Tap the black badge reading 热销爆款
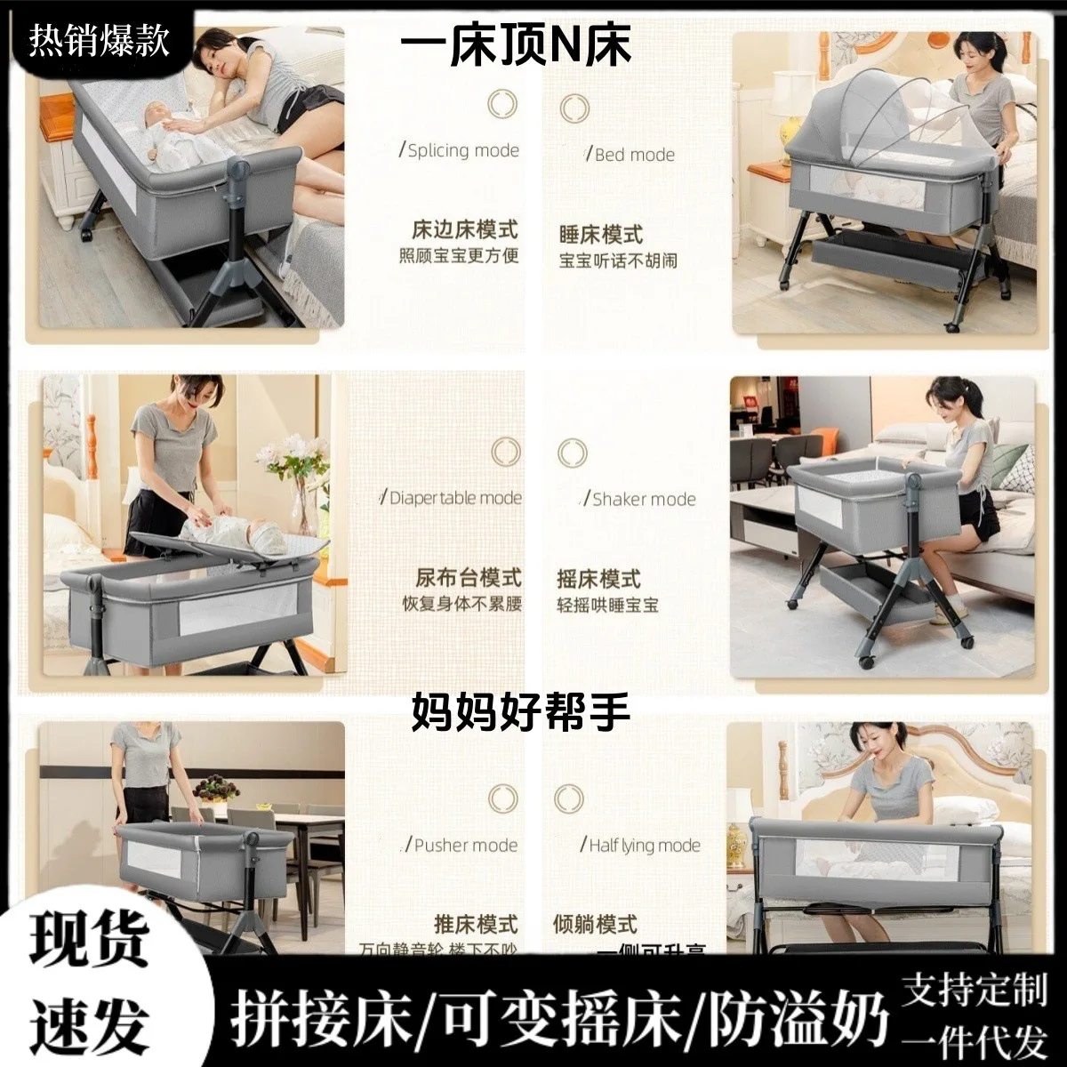click(98, 41)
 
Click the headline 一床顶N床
click(515, 44)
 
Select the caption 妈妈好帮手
click(521, 710)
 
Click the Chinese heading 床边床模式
click(464, 229)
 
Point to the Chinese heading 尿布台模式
click(469, 578)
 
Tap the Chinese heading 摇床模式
click(598, 579)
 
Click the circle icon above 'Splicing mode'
click(502, 103)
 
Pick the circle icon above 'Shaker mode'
click(572, 452)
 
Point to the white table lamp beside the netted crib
click(790, 97)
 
